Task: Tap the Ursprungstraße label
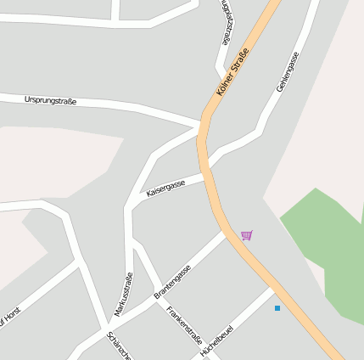coord(50,101)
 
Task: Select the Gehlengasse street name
coord(288,72)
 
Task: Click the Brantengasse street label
coord(172,281)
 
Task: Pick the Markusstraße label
coord(124,294)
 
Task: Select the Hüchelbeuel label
coord(217,337)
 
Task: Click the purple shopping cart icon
coord(246,235)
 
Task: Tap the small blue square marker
coord(277,307)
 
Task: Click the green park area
coord(327,246)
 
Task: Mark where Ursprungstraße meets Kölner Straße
coord(202,126)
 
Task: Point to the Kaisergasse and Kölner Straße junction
coord(207,175)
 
